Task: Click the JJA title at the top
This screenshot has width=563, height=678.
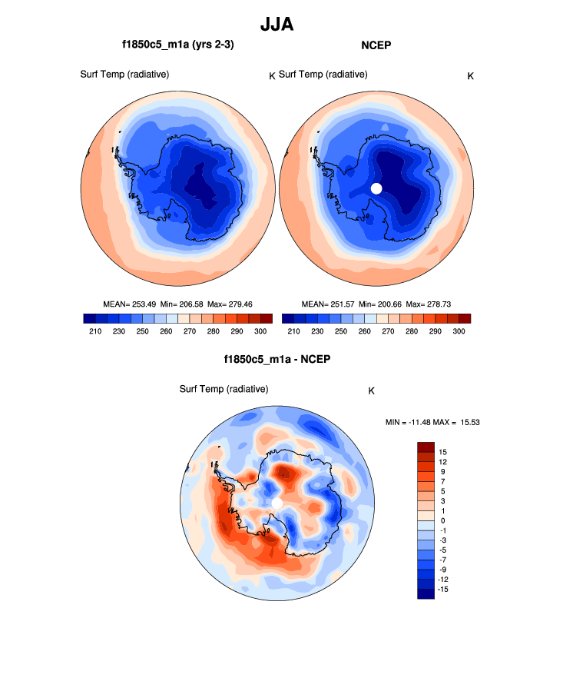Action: click(x=277, y=24)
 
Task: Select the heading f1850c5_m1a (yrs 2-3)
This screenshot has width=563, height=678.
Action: click(x=177, y=45)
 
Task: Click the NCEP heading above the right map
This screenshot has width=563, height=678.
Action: click(x=376, y=45)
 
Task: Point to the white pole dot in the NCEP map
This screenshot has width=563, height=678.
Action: click(x=376, y=188)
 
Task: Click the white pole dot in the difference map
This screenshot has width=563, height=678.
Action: click(x=277, y=503)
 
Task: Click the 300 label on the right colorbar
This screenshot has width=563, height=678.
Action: click(x=458, y=331)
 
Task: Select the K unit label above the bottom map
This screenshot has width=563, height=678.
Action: click(x=372, y=391)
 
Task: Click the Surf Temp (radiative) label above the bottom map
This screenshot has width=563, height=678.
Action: click(x=224, y=389)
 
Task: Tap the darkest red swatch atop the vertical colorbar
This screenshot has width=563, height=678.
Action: click(x=426, y=447)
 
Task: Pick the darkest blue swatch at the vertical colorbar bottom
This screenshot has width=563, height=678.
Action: click(x=426, y=593)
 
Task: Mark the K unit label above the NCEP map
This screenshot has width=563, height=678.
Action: click(x=471, y=75)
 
